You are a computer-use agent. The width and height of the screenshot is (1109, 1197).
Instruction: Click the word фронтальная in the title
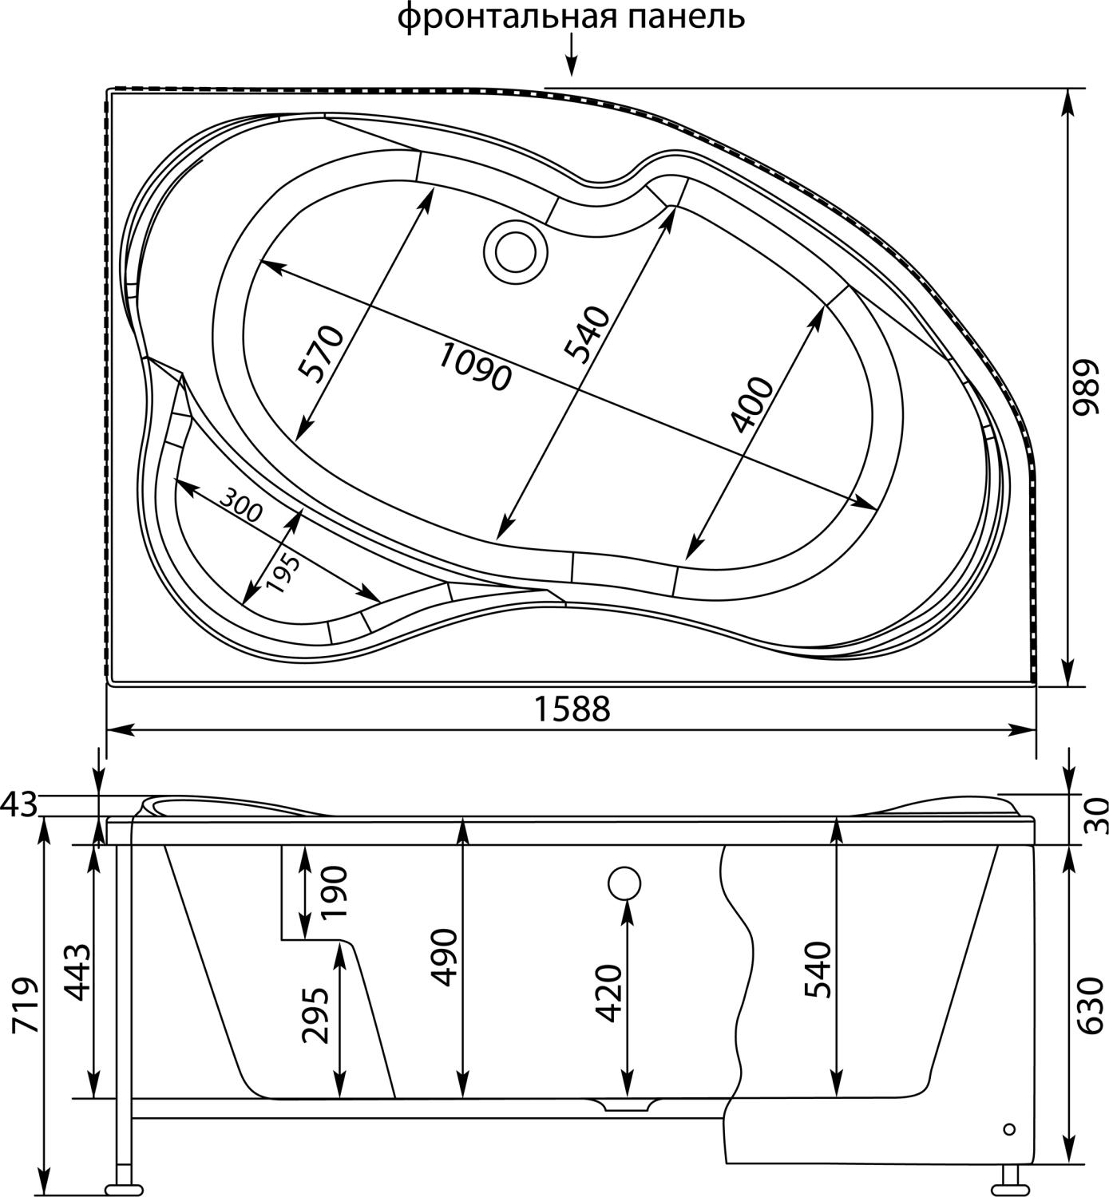click(x=506, y=19)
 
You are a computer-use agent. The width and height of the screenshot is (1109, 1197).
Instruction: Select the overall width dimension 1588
click(x=572, y=710)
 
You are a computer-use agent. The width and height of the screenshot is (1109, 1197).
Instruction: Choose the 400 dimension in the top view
click(x=751, y=405)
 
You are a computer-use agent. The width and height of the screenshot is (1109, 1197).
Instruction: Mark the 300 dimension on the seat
click(x=240, y=506)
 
